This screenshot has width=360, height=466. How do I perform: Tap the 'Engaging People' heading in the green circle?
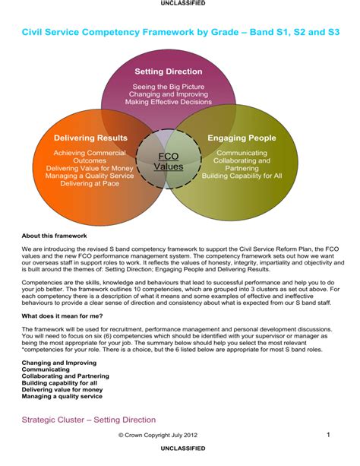click(x=242, y=138)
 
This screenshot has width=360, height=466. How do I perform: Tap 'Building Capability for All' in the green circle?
click(x=242, y=176)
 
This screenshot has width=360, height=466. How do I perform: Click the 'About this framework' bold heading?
click(x=52, y=236)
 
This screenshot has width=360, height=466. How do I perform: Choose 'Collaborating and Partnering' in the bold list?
click(x=65, y=376)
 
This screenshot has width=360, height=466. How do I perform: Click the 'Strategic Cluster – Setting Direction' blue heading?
click(x=89, y=420)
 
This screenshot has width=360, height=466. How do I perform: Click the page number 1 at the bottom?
click(x=328, y=435)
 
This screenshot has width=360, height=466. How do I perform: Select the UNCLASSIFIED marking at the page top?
click(x=179, y=4)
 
